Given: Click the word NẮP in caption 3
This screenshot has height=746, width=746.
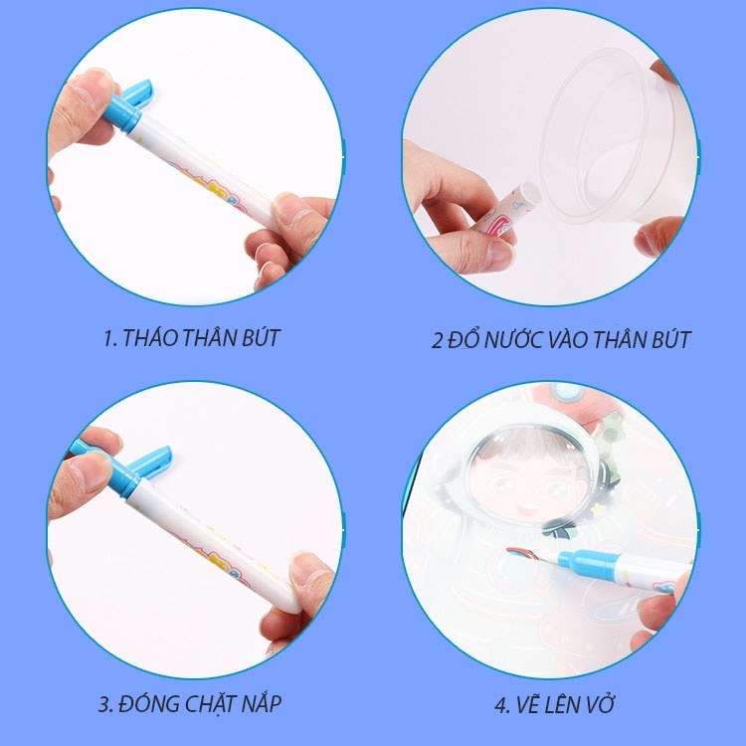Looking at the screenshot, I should (x=256, y=704).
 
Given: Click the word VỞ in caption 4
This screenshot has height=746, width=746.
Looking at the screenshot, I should (x=597, y=705).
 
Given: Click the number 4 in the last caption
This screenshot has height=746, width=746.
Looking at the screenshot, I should (x=501, y=706).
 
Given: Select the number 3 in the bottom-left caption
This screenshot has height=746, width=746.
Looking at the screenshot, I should (x=103, y=705).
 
